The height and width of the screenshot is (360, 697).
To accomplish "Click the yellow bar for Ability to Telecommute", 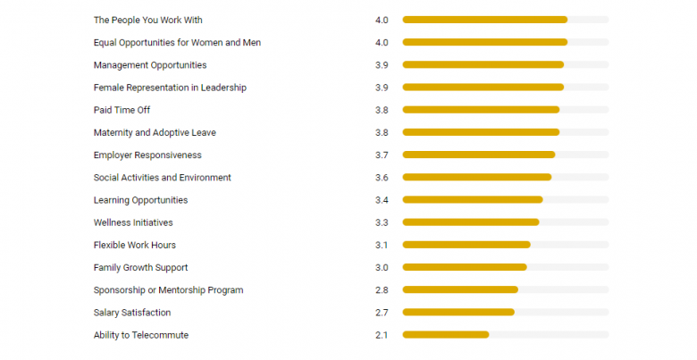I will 445,335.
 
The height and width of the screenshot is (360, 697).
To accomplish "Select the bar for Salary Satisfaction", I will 458,313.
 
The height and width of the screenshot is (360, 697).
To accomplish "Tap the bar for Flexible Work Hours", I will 466,245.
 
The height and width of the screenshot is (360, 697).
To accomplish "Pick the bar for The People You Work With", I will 484,20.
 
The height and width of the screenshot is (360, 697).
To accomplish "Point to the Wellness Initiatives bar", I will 471,222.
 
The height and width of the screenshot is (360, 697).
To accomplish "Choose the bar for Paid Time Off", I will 481,110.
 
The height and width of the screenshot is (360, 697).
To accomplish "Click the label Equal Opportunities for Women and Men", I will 177,42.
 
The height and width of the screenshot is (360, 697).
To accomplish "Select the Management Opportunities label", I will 150,65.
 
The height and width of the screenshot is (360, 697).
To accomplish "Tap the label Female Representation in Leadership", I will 170,88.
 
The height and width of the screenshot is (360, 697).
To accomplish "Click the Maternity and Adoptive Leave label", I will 155,132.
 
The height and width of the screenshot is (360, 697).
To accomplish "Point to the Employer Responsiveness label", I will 147,155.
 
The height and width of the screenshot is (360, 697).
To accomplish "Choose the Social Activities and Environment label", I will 163,178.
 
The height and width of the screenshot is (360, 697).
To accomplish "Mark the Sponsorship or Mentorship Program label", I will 168,290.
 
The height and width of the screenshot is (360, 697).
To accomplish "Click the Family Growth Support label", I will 141,268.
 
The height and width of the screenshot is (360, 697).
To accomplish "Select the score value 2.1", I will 382,335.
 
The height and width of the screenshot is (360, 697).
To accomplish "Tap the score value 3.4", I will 382,200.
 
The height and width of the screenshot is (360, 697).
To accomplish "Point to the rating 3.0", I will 382,268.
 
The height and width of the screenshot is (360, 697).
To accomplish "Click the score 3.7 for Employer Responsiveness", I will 382,155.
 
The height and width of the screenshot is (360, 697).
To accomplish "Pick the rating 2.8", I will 382,290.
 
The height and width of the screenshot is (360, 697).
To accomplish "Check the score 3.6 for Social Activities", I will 382,178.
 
